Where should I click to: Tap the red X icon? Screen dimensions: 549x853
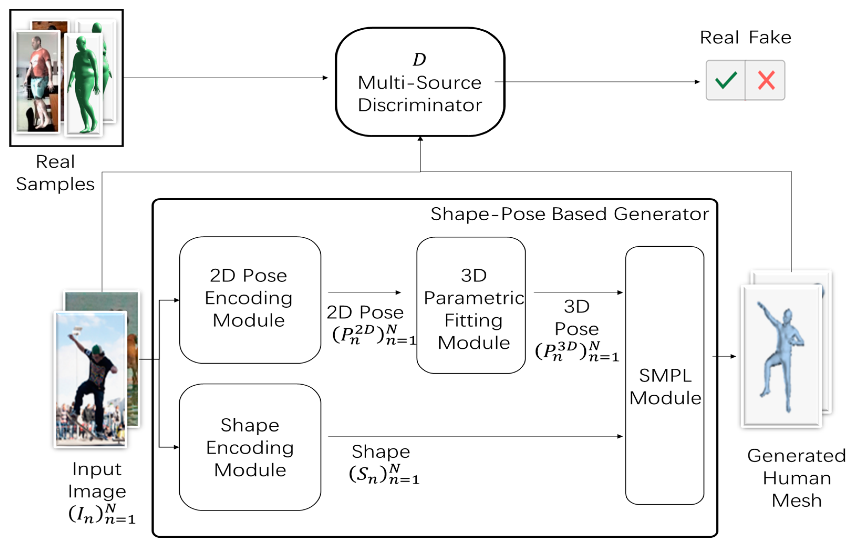[x=766, y=80]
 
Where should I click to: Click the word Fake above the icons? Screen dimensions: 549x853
[x=770, y=37]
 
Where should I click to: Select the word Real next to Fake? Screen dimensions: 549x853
[x=719, y=37]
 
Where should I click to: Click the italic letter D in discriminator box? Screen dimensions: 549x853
[x=419, y=59]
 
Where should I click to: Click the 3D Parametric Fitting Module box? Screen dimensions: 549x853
[x=471, y=305]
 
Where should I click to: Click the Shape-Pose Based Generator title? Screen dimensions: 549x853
[x=569, y=214]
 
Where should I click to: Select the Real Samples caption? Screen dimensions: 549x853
[x=55, y=173]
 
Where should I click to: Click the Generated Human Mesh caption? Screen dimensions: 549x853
[x=796, y=478]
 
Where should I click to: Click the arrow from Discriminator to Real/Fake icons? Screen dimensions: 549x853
[x=598, y=82]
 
